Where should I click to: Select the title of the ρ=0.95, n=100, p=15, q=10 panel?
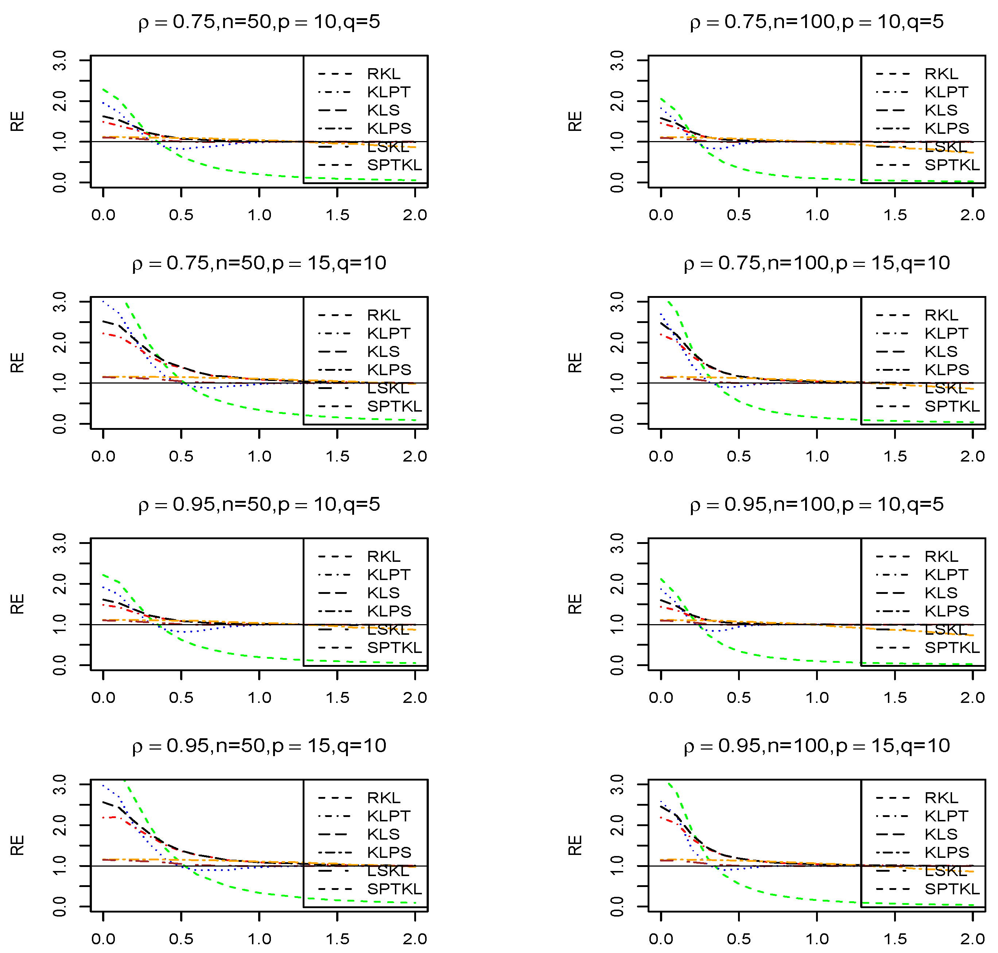tap(816, 746)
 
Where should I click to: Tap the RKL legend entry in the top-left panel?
tap(384, 74)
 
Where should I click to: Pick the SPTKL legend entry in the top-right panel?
tap(952, 165)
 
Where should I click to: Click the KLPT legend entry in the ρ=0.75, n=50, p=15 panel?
tap(388, 333)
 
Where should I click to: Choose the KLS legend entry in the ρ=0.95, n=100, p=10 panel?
tap(941, 593)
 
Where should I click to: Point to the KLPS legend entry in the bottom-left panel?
tap(389, 852)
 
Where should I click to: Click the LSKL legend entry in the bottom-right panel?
tap(945, 871)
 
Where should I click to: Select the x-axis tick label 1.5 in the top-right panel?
tap(895, 215)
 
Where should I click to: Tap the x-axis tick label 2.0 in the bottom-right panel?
tap(972, 939)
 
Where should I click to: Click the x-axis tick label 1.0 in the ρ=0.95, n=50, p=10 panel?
tap(259, 697)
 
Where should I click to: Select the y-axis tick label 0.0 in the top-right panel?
tap(617, 182)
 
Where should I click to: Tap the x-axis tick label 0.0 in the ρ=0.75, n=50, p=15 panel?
tap(103, 456)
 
